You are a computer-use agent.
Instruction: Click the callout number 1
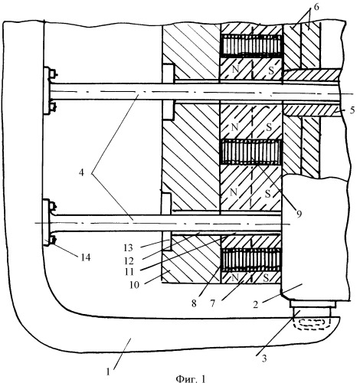108,372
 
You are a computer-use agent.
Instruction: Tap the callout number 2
256,305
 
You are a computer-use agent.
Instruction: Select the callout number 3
264,358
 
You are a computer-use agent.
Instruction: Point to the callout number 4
81,173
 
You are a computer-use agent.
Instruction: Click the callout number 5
352,110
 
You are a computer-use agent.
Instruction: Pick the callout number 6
316,7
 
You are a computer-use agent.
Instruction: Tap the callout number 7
212,303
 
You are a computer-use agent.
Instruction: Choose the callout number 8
194,303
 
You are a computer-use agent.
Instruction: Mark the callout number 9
299,214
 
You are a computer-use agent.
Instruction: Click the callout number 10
134,285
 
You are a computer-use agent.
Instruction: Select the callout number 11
129,272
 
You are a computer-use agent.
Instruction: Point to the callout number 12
129,260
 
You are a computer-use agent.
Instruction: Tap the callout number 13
129,247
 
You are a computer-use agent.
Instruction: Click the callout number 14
86,257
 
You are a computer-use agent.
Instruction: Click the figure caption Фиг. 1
191,378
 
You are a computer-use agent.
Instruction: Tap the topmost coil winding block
252,46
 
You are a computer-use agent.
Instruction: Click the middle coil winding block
250,152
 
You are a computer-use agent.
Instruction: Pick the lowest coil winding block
251,260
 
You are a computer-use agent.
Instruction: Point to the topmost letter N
236,69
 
